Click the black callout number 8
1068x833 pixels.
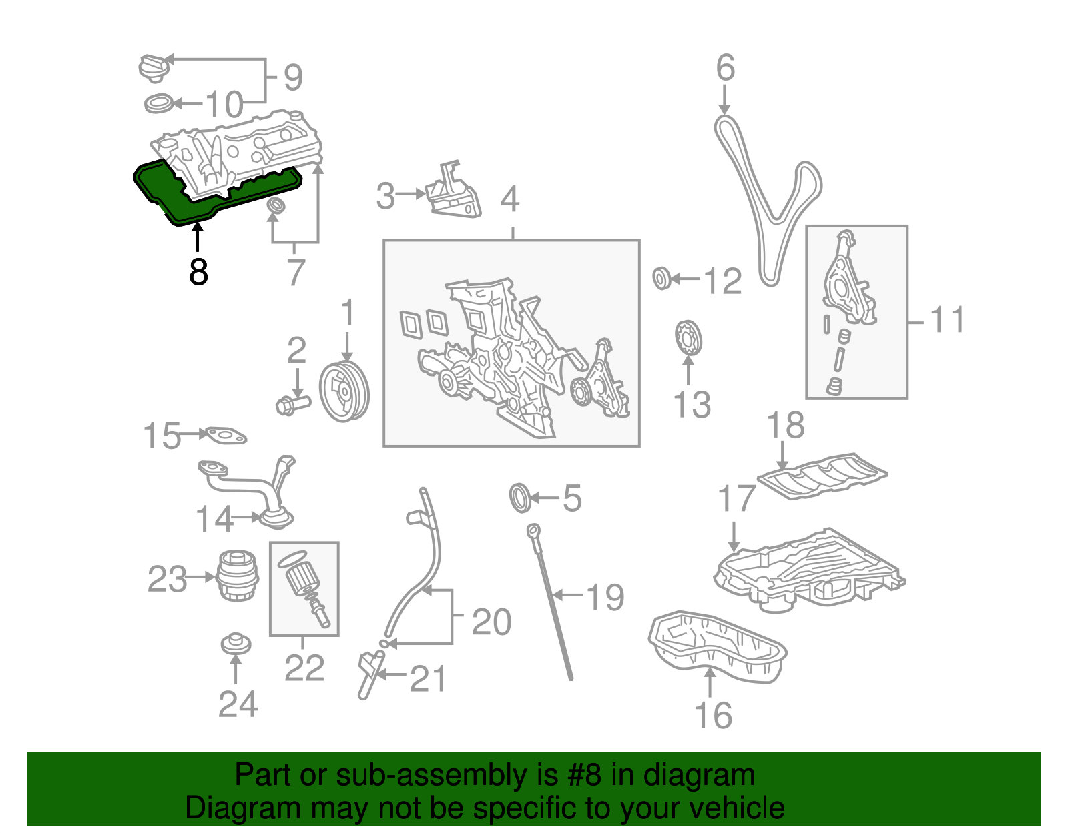pos(198,272)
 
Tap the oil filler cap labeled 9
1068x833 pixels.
pos(154,68)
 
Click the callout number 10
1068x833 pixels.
pos(224,105)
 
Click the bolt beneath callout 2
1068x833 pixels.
pos(292,403)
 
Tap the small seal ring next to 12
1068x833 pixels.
pos(661,278)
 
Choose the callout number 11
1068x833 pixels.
pos(947,320)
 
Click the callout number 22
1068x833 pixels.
pos(304,668)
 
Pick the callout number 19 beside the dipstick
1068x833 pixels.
pos(605,597)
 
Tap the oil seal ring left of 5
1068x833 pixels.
pos(521,499)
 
